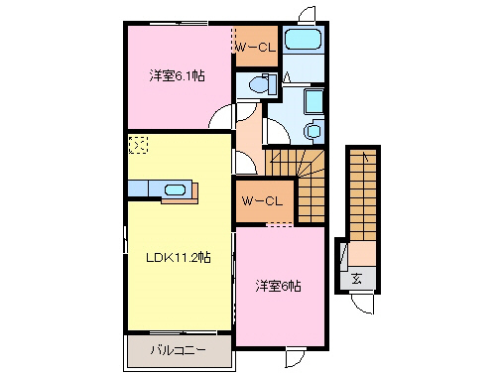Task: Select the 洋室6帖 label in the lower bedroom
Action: pyautogui.click(x=279, y=286)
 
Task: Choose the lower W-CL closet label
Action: pyautogui.click(x=264, y=201)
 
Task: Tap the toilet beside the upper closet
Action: pyautogui.click(x=256, y=85)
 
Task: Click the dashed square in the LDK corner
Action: pyautogui.click(x=139, y=145)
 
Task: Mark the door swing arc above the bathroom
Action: pyautogui.click(x=308, y=14)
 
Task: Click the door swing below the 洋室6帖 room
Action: pyautogui.click(x=295, y=358)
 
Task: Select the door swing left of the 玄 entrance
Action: pyautogui.click(x=340, y=255)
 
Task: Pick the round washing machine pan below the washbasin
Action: pyautogui.click(x=313, y=129)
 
